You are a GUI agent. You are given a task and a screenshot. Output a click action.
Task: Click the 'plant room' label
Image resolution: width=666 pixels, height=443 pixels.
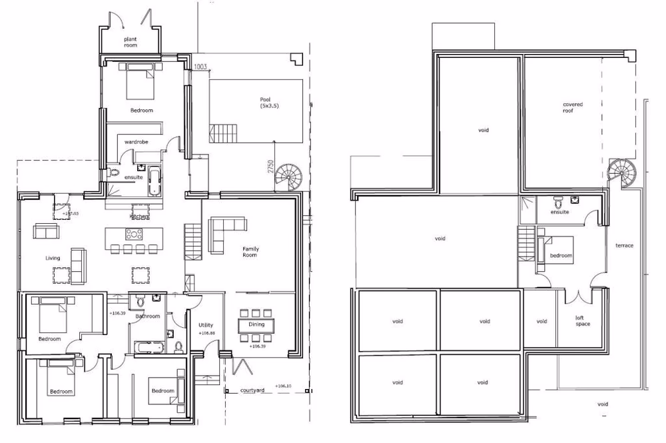pyautogui.click(x=131, y=43)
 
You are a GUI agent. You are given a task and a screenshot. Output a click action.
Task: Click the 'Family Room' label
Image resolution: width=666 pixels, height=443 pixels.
pyautogui.click(x=250, y=252)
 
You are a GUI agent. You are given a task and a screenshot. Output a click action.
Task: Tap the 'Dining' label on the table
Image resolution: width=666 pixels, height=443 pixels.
pyautogui.click(x=256, y=324)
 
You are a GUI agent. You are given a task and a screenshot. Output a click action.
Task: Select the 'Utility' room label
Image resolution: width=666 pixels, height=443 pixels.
pyautogui.click(x=206, y=325)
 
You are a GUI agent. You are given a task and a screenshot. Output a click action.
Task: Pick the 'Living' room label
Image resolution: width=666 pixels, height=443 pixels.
pyautogui.click(x=53, y=258)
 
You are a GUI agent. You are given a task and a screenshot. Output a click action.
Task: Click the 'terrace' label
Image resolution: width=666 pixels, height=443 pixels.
pyautogui.click(x=625, y=246)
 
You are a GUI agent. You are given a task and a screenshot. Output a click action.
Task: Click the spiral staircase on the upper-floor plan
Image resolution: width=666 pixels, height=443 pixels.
pyautogui.click(x=623, y=173)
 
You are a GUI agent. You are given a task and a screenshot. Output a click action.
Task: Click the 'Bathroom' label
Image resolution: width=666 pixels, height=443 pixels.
pyautogui.click(x=148, y=316)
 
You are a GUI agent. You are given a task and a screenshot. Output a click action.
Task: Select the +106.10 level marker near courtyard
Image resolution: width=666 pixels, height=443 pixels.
pyautogui.click(x=284, y=386)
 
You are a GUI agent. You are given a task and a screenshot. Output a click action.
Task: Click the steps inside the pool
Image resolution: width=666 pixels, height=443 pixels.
pyautogui.click(x=223, y=133)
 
